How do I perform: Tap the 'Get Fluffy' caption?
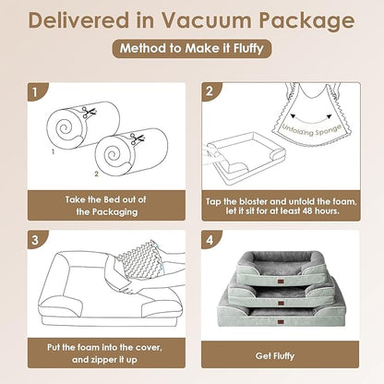point(277,354)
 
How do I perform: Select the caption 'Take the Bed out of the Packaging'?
point(103,204)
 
